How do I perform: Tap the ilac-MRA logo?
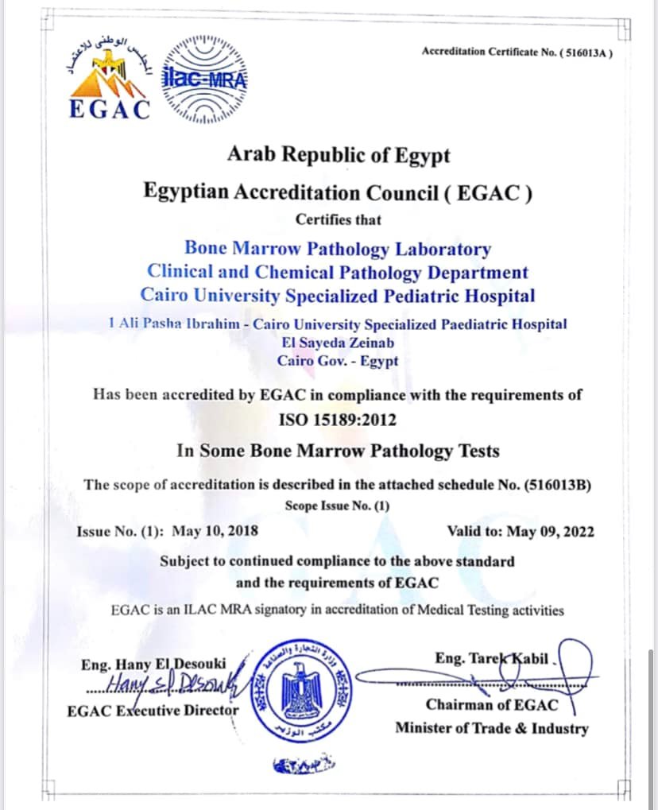click(206, 79)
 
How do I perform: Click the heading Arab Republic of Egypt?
click(339, 154)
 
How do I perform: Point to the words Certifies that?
click(339, 219)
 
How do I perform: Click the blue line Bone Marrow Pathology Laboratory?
click(338, 249)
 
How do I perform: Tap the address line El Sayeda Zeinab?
click(339, 343)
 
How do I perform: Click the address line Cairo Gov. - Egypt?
click(338, 360)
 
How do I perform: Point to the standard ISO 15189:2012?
click(338, 419)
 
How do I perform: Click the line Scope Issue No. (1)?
click(338, 506)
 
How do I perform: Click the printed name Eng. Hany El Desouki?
click(153, 663)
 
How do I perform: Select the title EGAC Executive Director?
click(153, 710)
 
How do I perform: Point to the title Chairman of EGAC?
click(492, 704)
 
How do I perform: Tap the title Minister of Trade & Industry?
click(492, 727)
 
